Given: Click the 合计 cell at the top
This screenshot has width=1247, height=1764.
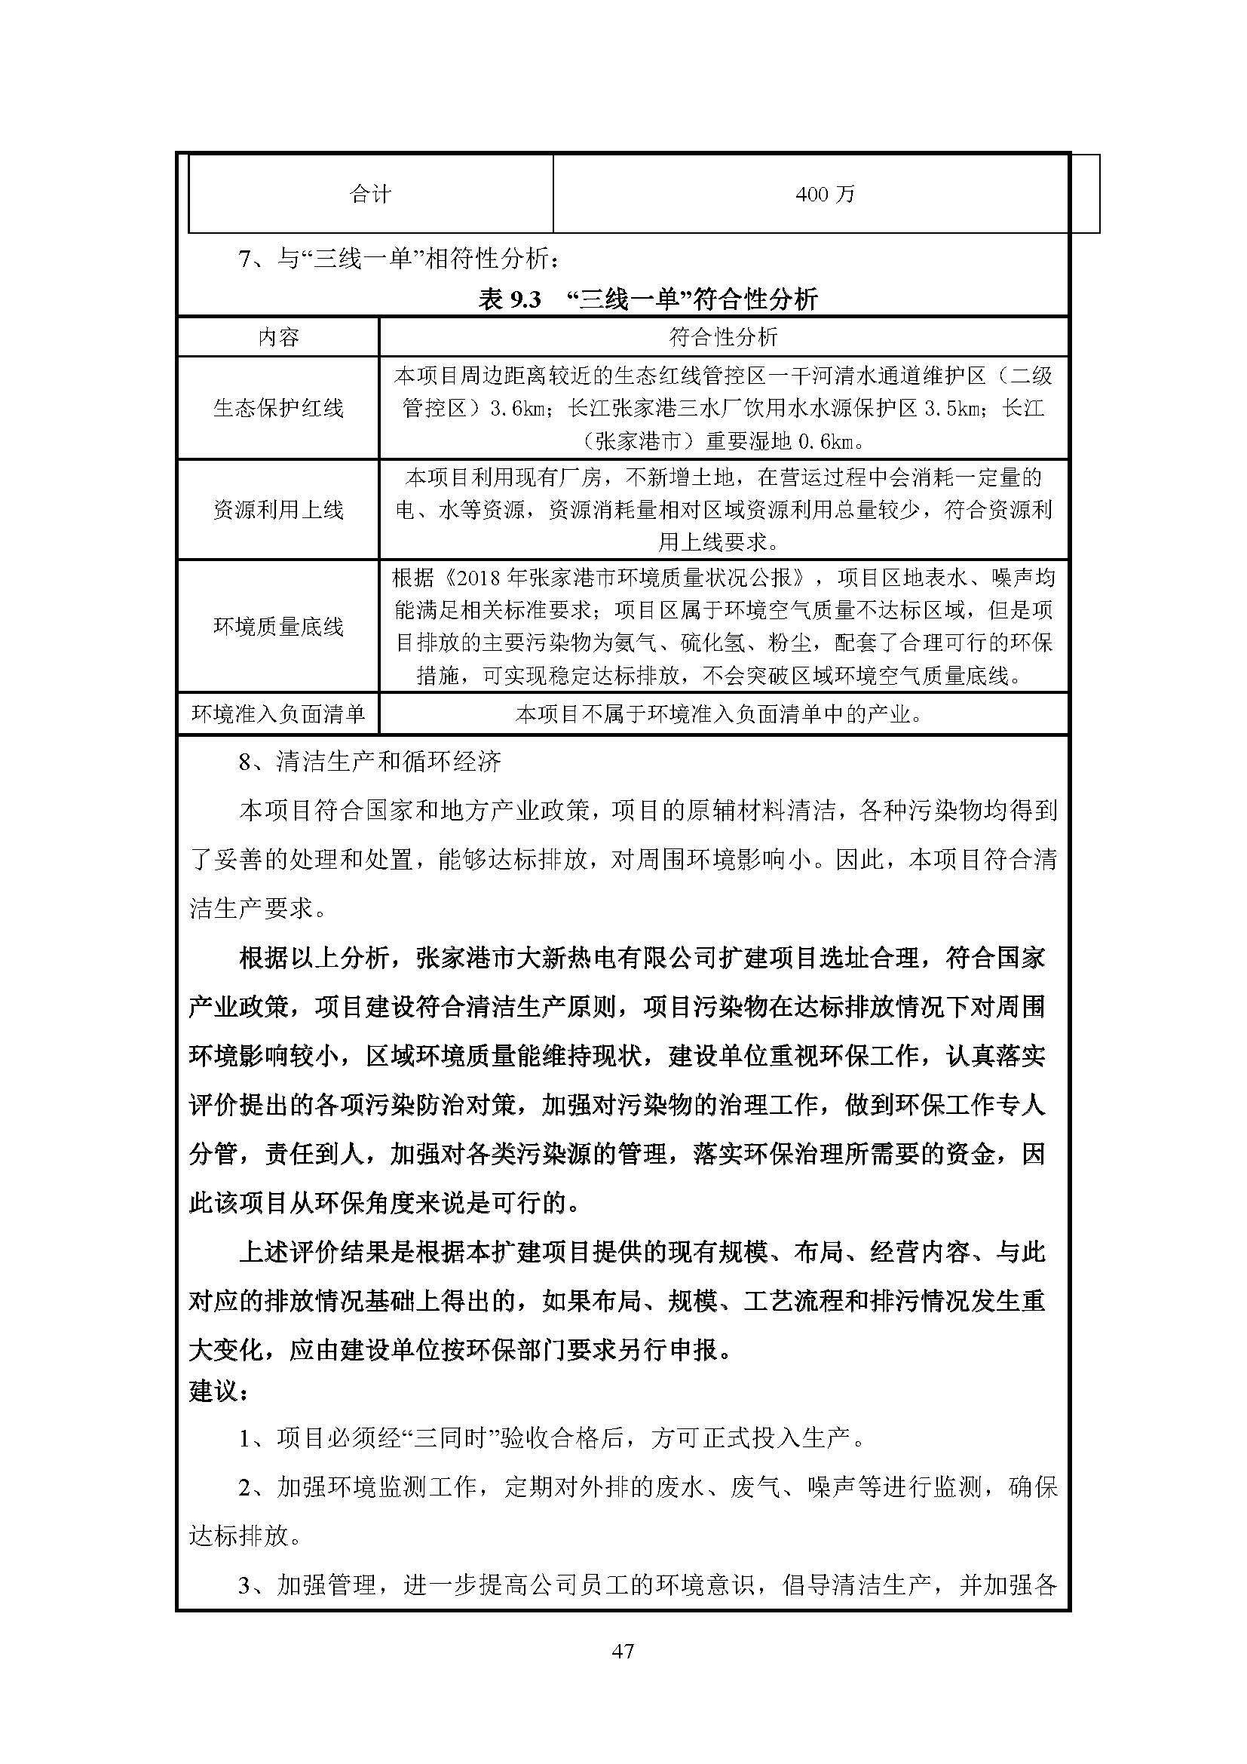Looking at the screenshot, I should tap(371, 195).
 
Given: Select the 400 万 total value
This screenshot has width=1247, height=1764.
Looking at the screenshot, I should tap(826, 195).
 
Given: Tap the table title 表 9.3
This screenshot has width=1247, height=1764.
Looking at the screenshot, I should tap(510, 299).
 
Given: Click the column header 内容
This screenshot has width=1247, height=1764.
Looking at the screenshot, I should tap(278, 337).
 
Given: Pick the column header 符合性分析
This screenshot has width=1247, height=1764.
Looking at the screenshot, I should tap(723, 337).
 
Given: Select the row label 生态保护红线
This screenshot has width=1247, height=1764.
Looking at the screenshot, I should tap(278, 408).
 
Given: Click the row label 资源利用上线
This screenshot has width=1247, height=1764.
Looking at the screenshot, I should tap(278, 509).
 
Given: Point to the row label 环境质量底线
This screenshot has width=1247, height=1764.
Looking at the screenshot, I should tap(278, 626).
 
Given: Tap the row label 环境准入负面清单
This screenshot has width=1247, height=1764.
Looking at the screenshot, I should tap(278, 714).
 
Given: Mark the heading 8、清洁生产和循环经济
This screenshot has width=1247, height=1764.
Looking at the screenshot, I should tap(370, 762).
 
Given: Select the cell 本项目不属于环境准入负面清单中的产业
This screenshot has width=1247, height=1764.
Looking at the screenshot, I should tap(718, 714).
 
